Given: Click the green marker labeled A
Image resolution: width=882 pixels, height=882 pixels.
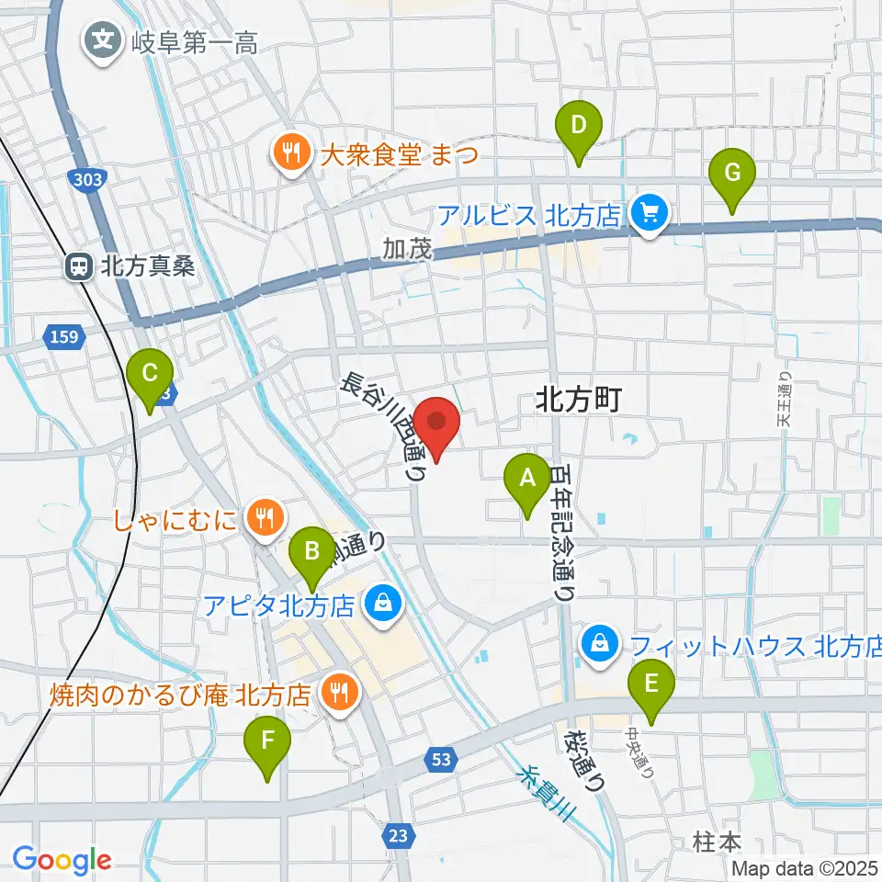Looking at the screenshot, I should (527, 481).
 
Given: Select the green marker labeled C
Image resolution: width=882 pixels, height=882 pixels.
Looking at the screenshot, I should (151, 377).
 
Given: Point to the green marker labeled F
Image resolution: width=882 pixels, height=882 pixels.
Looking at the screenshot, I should (267, 742).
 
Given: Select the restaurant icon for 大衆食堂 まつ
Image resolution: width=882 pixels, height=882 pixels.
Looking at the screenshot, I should (292, 152).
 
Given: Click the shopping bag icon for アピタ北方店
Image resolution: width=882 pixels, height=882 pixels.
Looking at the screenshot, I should (379, 605).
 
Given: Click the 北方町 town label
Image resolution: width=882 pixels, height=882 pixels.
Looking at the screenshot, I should (579, 399).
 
